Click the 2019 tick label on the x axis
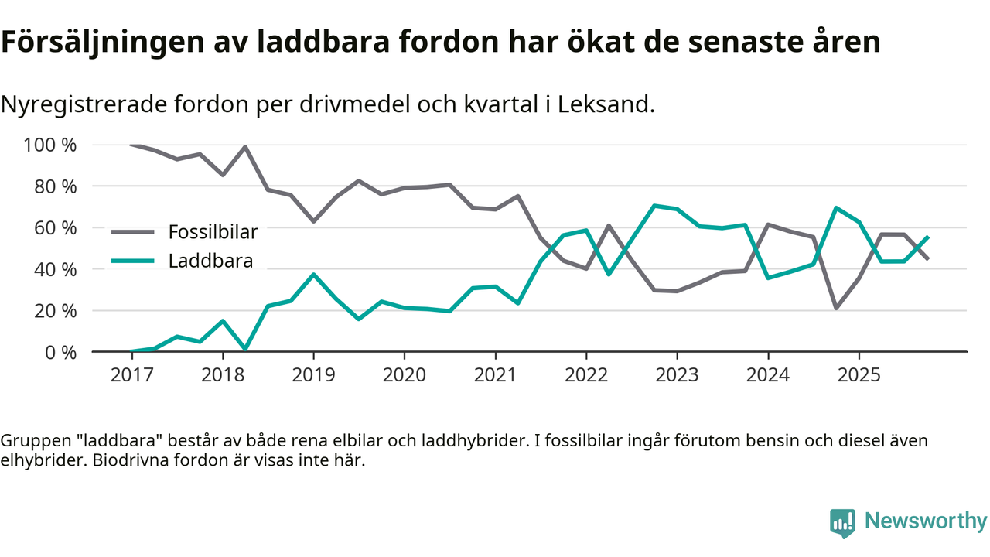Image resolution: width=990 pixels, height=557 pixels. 313,375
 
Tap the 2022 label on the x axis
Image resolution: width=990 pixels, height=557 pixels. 586,375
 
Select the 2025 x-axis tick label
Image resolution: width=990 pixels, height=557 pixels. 859,375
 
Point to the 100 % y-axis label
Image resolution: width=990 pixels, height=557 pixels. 50,145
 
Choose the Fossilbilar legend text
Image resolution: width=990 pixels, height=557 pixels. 213,231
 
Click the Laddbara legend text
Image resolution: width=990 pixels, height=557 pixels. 210,261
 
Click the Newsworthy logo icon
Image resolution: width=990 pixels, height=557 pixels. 842,522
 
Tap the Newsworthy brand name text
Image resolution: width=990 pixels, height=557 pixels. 925,521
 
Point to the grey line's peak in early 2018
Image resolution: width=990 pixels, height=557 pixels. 245,147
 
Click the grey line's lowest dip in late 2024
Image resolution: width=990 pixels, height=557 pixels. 836,308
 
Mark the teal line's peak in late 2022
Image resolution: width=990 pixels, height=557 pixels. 654,206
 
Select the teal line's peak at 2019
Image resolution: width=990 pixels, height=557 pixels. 313,274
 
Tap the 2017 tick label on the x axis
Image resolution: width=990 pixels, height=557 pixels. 131,375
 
